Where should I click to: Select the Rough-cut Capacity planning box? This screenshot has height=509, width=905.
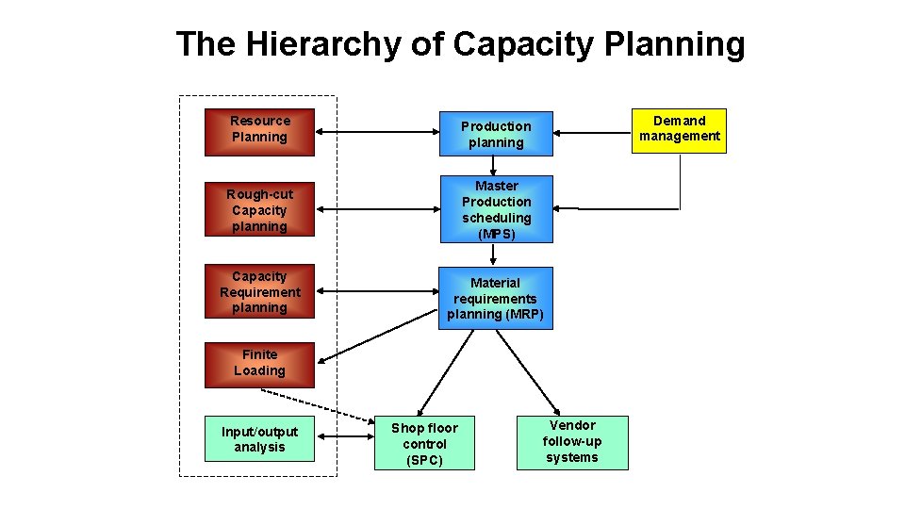(259, 210)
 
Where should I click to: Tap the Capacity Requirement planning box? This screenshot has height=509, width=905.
(259, 292)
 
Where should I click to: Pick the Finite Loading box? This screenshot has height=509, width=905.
(259, 364)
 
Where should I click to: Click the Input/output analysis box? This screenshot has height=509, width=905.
(259, 439)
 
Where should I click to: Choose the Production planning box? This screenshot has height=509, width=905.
(495, 134)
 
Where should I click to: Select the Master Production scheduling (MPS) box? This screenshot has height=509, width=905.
(496, 209)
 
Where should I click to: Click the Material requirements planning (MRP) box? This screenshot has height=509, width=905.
(495, 298)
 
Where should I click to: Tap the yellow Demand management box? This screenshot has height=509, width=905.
(679, 129)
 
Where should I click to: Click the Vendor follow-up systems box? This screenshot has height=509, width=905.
(571, 442)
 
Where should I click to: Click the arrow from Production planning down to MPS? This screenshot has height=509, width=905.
(493, 166)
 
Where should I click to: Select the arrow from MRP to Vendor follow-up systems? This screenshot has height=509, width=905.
(528, 371)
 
